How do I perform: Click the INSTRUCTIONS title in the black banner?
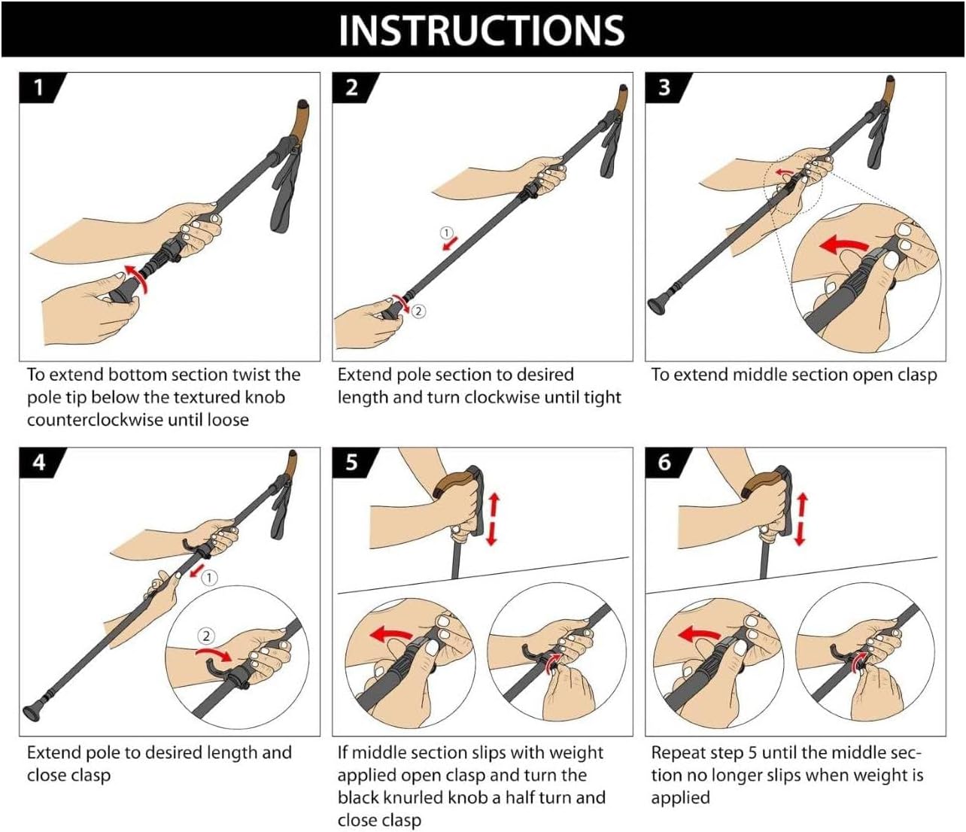click(x=481, y=30)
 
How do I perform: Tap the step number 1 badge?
click(x=41, y=87)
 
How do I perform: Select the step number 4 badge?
click(x=41, y=463)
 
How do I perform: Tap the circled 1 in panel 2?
click(x=446, y=232)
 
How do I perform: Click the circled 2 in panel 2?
click(x=418, y=311)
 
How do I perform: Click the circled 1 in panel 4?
click(x=209, y=578)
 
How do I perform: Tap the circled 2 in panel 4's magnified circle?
click(x=205, y=636)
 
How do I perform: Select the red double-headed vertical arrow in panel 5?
click(x=493, y=520)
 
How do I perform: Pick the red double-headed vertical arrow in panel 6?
click(x=801, y=520)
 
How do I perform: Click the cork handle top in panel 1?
click(x=299, y=120)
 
